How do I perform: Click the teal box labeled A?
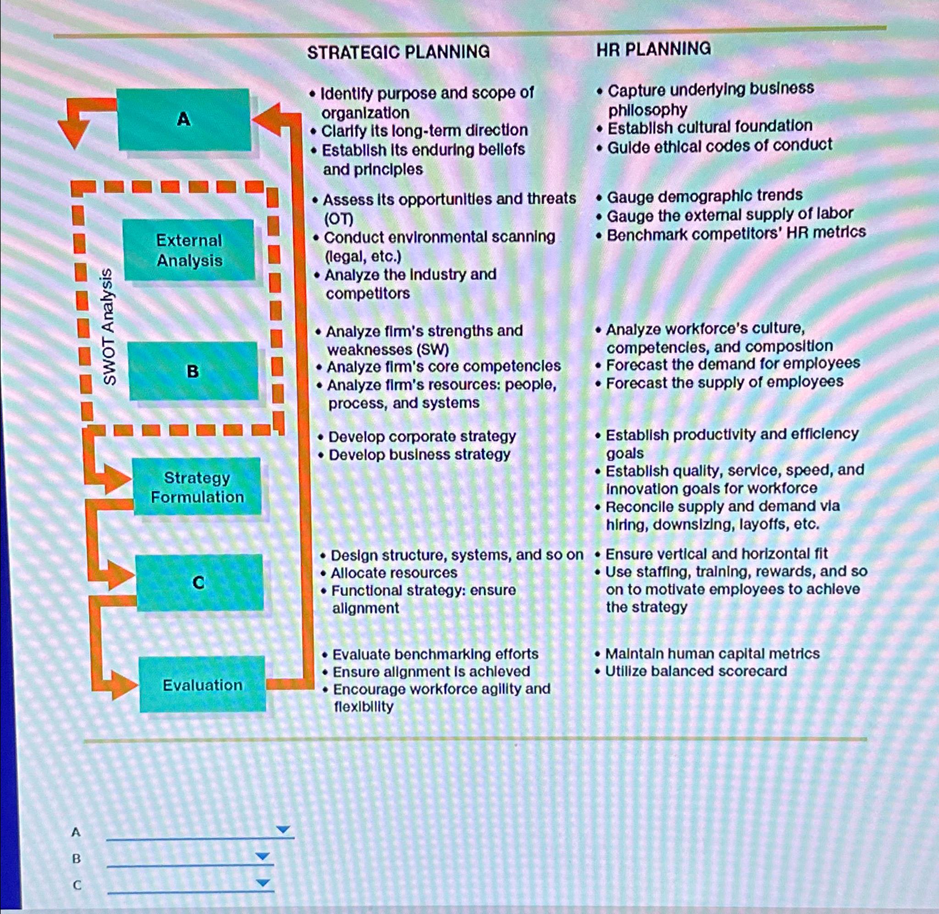[184, 120]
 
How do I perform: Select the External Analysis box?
[189, 250]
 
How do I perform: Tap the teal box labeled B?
[193, 371]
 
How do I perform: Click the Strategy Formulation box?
[197, 487]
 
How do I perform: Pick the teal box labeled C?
[199, 582]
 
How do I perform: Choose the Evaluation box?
[202, 684]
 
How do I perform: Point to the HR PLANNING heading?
[653, 49]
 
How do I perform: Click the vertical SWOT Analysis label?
[109, 326]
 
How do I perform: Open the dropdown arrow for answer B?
[263, 856]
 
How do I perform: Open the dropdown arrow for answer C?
[263, 882]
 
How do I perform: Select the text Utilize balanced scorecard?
[696, 671]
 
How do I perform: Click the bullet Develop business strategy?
[419, 455]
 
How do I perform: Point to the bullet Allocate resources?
[394, 573]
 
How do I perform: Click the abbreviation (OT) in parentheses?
[339, 220]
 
